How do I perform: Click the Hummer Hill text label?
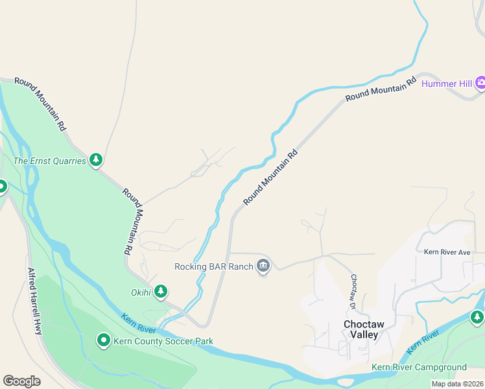[447, 83]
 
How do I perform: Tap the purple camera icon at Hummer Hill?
[480, 82]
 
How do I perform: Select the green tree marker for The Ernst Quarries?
[96, 159]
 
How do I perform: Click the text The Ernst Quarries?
[50, 160]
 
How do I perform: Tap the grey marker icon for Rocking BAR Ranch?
[263, 266]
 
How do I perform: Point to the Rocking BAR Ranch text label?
[213, 266]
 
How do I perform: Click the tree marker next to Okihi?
[160, 292]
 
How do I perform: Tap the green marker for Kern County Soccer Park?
[103, 340]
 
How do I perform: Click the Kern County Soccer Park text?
[163, 341]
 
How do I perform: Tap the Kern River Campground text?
[419, 367]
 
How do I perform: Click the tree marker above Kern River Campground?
[477, 317]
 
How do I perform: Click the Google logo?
[21, 381]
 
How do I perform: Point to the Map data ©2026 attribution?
[457, 384]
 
